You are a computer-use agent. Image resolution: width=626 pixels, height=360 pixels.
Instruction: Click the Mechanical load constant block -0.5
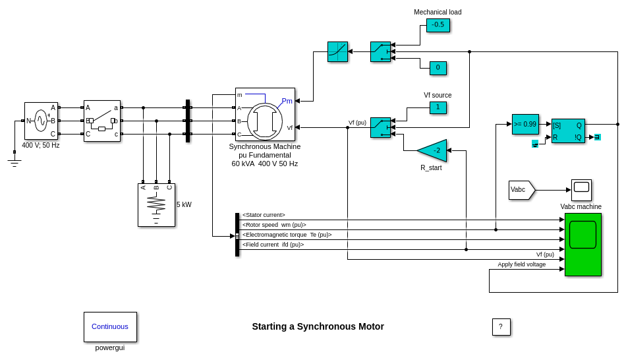click(438, 25)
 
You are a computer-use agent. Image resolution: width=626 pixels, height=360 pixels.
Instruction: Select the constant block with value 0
click(438, 68)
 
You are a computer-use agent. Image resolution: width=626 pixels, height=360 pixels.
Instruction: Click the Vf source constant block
click(438, 107)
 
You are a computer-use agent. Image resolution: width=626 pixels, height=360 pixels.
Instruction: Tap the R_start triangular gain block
click(434, 150)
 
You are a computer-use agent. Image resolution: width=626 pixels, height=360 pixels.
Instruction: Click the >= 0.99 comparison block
click(525, 124)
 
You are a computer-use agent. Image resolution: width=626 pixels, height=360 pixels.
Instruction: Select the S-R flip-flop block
click(567, 131)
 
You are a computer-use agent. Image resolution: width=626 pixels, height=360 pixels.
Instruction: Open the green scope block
click(583, 244)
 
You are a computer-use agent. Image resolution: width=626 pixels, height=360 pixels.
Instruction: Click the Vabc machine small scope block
click(581, 190)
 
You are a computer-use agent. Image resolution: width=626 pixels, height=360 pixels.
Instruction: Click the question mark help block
click(501, 327)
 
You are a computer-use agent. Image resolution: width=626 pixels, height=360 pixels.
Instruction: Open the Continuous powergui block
click(110, 326)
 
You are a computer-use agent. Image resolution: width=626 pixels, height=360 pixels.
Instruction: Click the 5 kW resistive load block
click(156, 205)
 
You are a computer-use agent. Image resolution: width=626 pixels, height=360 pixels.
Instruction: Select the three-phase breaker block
click(101, 121)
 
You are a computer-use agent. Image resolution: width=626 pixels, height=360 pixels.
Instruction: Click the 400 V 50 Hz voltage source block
click(41, 121)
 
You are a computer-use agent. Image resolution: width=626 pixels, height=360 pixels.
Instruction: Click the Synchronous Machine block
click(265, 114)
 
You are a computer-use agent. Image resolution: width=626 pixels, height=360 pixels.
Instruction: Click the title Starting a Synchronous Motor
click(318, 326)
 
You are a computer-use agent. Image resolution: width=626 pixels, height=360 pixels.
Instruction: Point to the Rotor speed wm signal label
click(274, 225)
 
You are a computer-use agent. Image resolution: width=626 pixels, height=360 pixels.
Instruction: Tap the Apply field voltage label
click(521, 264)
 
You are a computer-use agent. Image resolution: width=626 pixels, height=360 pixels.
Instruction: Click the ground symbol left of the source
click(14, 160)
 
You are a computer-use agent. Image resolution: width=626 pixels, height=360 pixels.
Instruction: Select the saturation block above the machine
click(337, 51)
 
